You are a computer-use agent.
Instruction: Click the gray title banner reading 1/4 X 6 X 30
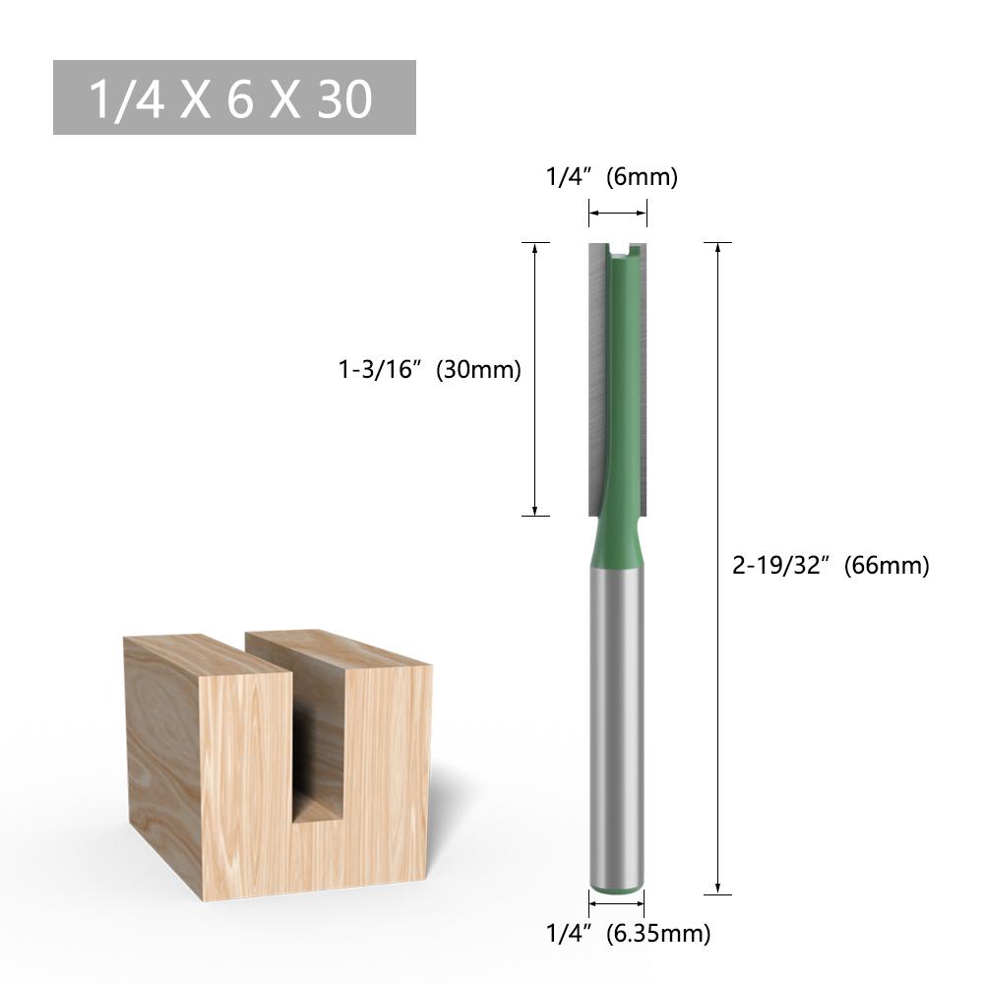tap(233, 97)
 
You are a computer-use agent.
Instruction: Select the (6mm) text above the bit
tap(643, 177)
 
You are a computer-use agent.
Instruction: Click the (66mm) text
tap(886, 566)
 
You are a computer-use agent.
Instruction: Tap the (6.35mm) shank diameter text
tap(658, 932)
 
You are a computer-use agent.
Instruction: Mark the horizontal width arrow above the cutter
tap(618, 213)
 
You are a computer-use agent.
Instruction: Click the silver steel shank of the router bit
tap(618, 708)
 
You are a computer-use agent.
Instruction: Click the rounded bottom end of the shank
tap(618, 882)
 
